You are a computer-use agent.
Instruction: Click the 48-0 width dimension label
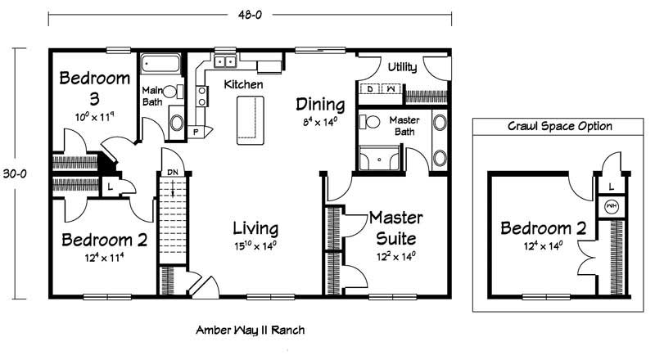pyautogui.click(x=250, y=15)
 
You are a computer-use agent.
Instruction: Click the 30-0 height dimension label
pyautogui.click(x=15, y=173)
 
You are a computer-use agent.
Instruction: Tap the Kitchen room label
pyautogui.click(x=243, y=84)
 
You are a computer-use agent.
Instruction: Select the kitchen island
pyautogui.click(x=251, y=120)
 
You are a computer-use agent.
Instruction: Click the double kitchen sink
pyautogui.click(x=225, y=62)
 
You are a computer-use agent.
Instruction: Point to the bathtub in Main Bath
pyautogui.click(x=160, y=64)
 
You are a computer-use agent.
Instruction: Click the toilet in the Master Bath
pyautogui.click(x=369, y=122)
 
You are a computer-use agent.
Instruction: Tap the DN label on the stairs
pyautogui.click(x=173, y=172)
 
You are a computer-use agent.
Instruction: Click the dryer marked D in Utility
pyautogui.click(x=370, y=89)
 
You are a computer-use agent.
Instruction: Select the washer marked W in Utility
pyautogui.click(x=391, y=89)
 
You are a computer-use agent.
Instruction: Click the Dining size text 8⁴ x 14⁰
pyautogui.click(x=320, y=122)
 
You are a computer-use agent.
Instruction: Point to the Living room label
pyautogui.click(x=255, y=229)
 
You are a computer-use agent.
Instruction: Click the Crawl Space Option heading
pyautogui.click(x=560, y=126)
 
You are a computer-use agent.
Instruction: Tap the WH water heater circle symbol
pyautogui.click(x=612, y=206)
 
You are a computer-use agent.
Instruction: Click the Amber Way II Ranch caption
pyautogui.click(x=251, y=330)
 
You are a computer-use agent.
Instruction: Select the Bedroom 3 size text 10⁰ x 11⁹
pyautogui.click(x=94, y=117)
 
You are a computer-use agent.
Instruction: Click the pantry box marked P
pyautogui.click(x=196, y=132)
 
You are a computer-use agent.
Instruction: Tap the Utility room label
pyautogui.click(x=402, y=67)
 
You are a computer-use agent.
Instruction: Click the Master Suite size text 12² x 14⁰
pyautogui.click(x=396, y=256)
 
